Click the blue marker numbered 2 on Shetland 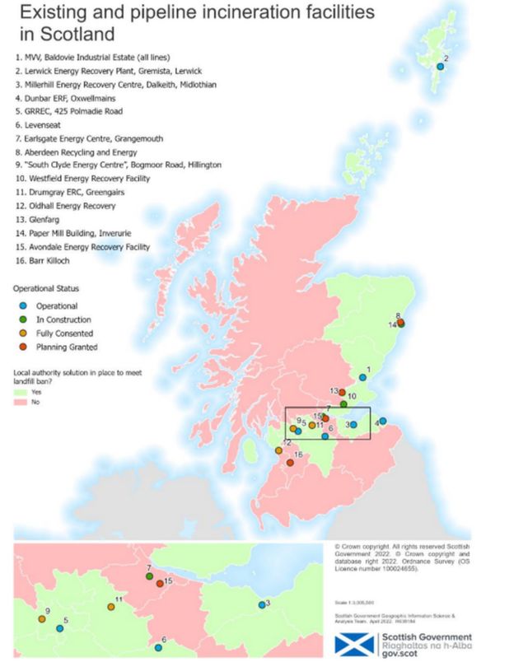[440, 67]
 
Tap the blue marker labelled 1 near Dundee [362, 377]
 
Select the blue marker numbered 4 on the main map [384, 422]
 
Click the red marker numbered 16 [291, 463]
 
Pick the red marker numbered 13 [342, 392]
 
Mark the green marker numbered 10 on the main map [343, 404]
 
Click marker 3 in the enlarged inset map [261, 605]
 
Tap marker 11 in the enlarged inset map [110, 607]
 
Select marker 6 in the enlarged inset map [158, 647]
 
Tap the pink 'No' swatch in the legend [21, 402]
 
